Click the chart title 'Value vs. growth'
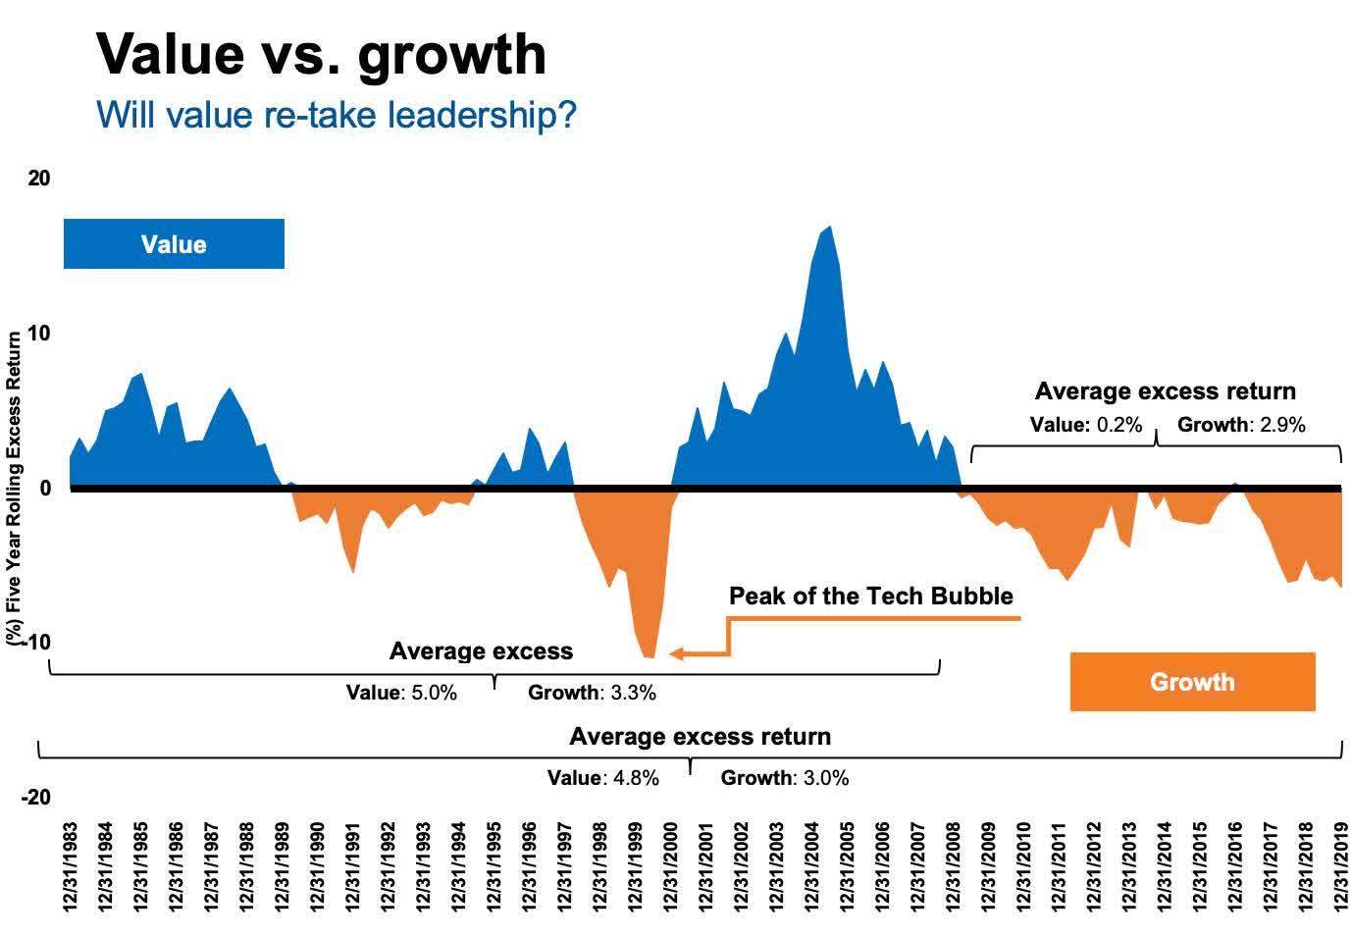click(x=321, y=54)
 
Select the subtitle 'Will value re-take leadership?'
click(x=336, y=115)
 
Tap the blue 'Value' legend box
click(x=174, y=244)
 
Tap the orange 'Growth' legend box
click(x=1192, y=682)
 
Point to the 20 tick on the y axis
click(x=39, y=179)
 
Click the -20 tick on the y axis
click(x=35, y=797)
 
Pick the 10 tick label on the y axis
click(x=39, y=334)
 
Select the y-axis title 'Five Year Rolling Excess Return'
click(x=14, y=487)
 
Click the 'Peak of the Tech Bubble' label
click(x=870, y=596)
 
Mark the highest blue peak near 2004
click(x=830, y=228)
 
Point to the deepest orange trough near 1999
click(x=649, y=655)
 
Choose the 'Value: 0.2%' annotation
click(x=1085, y=425)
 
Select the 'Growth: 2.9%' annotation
click(x=1241, y=425)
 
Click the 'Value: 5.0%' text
click(x=401, y=693)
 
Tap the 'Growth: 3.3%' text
click(x=592, y=693)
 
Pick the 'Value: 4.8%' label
click(x=602, y=778)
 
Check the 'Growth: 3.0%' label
click(x=784, y=778)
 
